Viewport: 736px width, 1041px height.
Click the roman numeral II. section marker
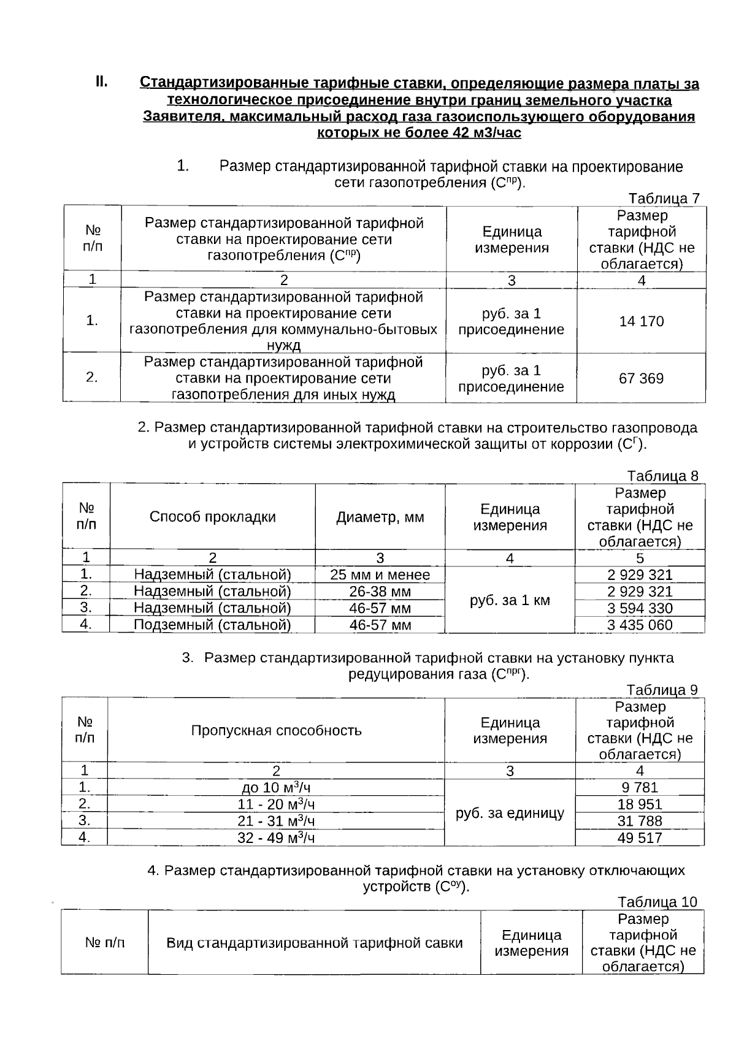click(x=101, y=82)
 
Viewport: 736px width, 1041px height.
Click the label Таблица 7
click(x=664, y=198)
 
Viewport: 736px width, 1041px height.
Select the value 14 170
click(x=641, y=321)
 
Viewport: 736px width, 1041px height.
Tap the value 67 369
click(x=641, y=378)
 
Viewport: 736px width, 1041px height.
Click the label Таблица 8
click(x=662, y=476)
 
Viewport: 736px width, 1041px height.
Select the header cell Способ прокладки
click(x=212, y=517)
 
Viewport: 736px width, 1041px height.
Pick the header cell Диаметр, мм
click(x=380, y=517)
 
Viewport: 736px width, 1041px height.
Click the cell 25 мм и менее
click(x=380, y=575)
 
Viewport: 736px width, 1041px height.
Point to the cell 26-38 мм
click(x=380, y=592)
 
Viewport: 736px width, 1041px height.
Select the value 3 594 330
click(x=640, y=608)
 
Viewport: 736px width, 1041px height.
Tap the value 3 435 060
click(x=640, y=625)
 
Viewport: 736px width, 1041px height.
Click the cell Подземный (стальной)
click(x=212, y=625)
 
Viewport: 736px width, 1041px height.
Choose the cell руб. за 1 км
click(x=510, y=600)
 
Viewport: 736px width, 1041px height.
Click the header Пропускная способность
click(x=276, y=730)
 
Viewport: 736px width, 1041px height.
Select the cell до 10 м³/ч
click(x=276, y=788)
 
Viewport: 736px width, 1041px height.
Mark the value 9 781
click(x=640, y=788)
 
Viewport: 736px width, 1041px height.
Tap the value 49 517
click(x=640, y=837)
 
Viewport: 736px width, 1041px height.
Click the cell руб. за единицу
click(x=510, y=814)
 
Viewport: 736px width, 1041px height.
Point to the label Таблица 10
click(x=657, y=902)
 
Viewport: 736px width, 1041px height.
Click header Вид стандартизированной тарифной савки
click(x=314, y=943)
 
